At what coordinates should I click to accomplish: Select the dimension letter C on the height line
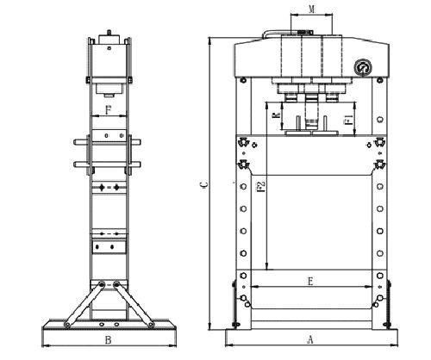pos(203,183)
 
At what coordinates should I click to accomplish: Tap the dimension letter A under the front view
pos(310,339)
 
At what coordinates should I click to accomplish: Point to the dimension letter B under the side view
pos(108,339)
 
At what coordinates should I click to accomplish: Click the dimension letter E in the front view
pos(308,281)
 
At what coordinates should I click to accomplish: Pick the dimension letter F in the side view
pos(108,109)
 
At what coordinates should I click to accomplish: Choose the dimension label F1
pos(346,121)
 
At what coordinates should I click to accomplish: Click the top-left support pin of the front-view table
pos(244,143)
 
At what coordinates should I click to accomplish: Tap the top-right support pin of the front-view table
pos(379,143)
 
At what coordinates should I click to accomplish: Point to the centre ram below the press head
pos(309,108)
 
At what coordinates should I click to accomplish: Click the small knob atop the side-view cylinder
pos(109,36)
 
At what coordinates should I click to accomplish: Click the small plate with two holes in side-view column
pos(109,248)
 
